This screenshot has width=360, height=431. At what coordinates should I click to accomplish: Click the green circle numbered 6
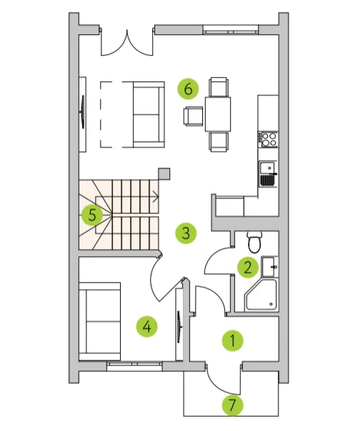188,88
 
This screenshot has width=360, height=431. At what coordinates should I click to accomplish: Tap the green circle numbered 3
186,233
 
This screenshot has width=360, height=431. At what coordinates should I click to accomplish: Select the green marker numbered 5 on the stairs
92,215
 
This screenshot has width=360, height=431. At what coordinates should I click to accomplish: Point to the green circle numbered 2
248,267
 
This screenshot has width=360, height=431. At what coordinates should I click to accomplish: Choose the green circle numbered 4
147,327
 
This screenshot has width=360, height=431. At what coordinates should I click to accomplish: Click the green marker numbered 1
233,340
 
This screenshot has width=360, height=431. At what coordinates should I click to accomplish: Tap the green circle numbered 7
233,405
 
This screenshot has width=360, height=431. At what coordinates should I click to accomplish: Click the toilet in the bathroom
254,242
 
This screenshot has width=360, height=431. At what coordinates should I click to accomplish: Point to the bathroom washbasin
269,267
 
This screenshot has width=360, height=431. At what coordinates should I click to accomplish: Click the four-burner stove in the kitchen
268,140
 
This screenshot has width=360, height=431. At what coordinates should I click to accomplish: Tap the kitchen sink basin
268,173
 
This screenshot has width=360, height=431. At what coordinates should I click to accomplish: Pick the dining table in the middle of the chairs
218,114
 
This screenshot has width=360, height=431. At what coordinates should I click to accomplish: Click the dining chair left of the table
193,116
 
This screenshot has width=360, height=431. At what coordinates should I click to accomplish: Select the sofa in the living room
149,114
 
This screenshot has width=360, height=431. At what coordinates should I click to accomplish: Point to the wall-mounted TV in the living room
83,111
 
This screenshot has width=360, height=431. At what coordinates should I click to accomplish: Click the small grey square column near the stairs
164,174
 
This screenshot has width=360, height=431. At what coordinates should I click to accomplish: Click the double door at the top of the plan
127,42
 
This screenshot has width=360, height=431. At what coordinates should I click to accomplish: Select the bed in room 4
99,321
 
